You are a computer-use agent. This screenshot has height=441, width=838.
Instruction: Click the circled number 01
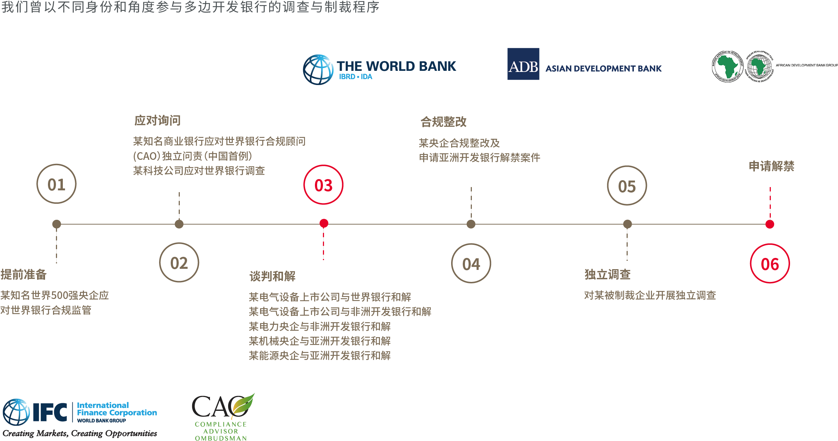[56, 184]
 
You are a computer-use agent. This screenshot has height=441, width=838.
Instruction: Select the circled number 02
[179, 263]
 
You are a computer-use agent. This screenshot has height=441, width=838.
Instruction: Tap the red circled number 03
[323, 185]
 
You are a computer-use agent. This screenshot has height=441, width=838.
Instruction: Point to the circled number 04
[471, 263]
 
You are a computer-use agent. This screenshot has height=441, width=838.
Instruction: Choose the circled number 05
[627, 186]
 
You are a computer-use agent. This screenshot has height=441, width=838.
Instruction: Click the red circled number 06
[770, 264]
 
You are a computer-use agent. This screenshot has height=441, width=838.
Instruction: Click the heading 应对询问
[157, 120]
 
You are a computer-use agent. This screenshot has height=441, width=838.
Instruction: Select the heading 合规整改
[443, 122]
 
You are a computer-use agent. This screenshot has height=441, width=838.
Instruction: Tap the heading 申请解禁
[771, 166]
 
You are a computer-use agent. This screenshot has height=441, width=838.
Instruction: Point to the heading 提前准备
[24, 274]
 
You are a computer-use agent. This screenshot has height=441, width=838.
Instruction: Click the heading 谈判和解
[272, 276]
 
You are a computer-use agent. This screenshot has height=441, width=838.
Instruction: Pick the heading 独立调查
[607, 274]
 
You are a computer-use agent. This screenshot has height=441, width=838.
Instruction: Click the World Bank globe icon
[318, 70]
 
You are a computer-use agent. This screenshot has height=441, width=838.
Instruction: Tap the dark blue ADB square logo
[523, 64]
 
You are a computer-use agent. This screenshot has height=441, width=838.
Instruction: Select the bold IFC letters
[50, 412]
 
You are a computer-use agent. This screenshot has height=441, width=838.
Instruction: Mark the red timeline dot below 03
[324, 223]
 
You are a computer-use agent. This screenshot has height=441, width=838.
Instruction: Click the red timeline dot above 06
[770, 224]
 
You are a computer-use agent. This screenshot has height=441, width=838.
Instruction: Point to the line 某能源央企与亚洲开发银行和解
[320, 355]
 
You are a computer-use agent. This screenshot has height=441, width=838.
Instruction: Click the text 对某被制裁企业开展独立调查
[650, 295]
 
